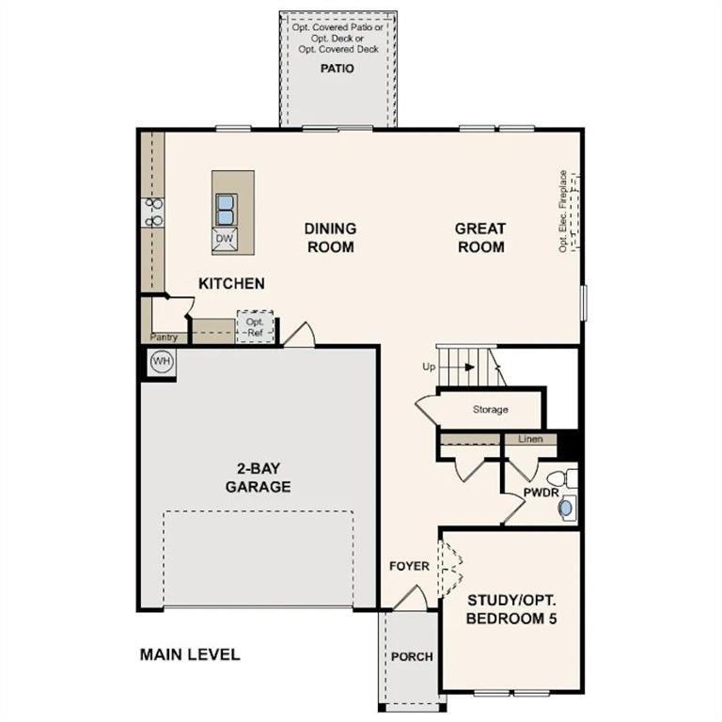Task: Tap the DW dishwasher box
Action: pyautogui.click(x=224, y=239)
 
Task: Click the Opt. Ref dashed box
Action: pyautogui.click(x=255, y=326)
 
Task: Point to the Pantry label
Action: pyautogui.click(x=164, y=336)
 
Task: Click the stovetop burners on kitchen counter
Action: pyautogui.click(x=153, y=212)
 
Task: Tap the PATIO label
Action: pyautogui.click(x=337, y=69)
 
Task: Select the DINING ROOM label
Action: pyautogui.click(x=330, y=238)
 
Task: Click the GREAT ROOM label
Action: pyautogui.click(x=480, y=238)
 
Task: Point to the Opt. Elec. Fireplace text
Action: pyautogui.click(x=563, y=211)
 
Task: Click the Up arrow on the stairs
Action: pyautogui.click(x=467, y=368)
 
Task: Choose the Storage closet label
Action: pyautogui.click(x=491, y=410)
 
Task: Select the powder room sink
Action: pyautogui.click(x=565, y=509)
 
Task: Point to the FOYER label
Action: pyautogui.click(x=410, y=566)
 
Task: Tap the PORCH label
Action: pyautogui.click(x=412, y=656)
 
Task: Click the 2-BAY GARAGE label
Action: pyautogui.click(x=258, y=479)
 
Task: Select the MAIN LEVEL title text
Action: pyautogui.click(x=190, y=654)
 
